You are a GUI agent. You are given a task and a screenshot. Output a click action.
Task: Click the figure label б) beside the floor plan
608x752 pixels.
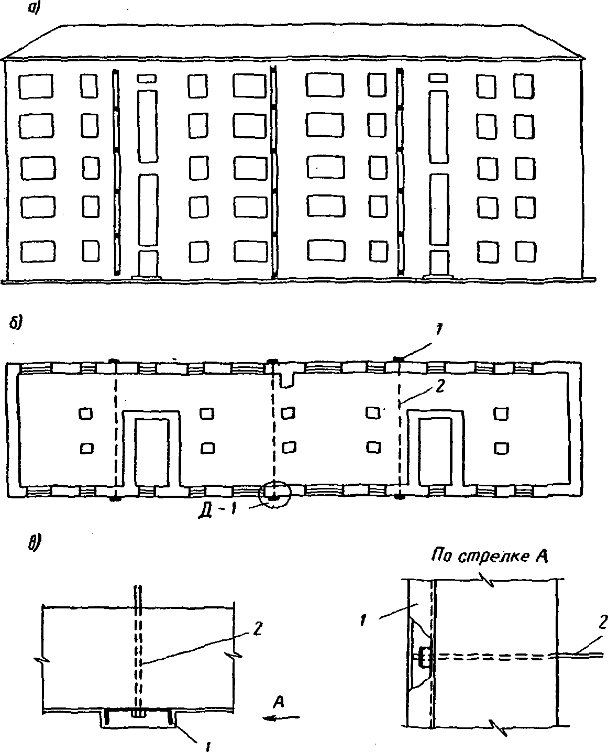click(16, 322)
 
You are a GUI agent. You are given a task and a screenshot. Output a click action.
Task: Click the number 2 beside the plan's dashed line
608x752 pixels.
click(440, 387)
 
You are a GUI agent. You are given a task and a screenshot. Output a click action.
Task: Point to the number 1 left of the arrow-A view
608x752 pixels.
click(363, 620)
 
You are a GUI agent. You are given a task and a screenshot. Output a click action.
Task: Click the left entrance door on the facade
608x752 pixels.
click(148, 264)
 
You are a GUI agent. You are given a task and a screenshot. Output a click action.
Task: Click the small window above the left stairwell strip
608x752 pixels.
click(146, 78)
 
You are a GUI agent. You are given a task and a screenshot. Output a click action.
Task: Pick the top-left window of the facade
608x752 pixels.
click(36, 86)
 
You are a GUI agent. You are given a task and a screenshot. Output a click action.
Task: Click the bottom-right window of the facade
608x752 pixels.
click(525, 252)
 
